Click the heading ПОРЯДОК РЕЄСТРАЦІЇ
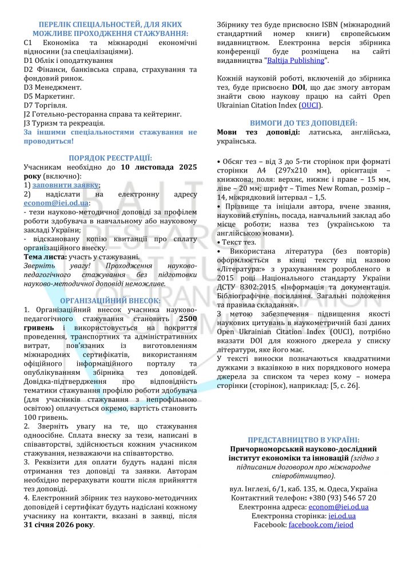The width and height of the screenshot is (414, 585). coord(110,158)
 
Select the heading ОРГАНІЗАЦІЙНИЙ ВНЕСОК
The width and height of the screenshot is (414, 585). coord(110,300)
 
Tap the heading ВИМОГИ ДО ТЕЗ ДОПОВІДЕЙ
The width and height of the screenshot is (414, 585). coord(304,123)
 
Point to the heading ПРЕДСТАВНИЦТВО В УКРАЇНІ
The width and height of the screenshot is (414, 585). coord(304,440)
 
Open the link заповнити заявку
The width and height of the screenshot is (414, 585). coord(65,185)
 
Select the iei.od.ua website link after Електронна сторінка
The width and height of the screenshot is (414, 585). coord(341,516)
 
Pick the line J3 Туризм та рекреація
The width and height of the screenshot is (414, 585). coord(64,123)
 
